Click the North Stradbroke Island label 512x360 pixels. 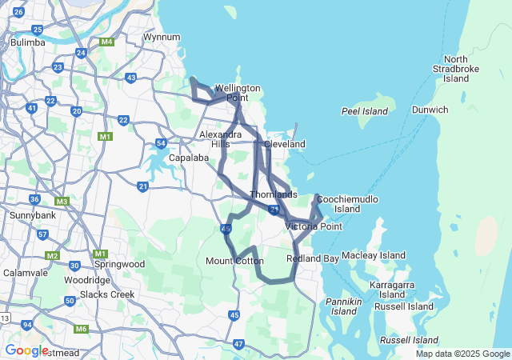click(456, 69)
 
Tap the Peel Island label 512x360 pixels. click(364, 111)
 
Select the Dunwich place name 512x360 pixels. click(430, 110)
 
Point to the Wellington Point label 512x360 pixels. click(237, 93)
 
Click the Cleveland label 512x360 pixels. click(284, 144)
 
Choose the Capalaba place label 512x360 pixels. click(189, 158)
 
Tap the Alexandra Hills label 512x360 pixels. click(220, 139)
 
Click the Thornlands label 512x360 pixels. click(274, 194)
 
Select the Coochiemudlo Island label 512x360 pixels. click(347, 203)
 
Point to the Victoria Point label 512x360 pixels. click(314, 226)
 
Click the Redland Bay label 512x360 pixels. click(313, 258)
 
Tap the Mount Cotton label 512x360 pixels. click(234, 261)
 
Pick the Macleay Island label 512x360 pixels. click(374, 255)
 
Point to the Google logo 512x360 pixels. click(26, 350)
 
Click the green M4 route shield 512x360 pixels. click(106, 42)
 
